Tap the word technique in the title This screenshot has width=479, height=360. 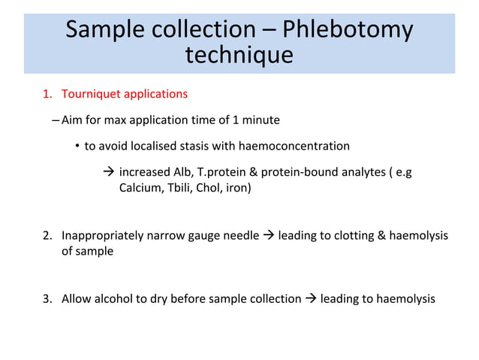point(239,56)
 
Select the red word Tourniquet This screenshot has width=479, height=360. point(90,95)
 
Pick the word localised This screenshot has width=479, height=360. point(146,145)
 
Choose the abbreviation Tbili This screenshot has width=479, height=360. point(179,188)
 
